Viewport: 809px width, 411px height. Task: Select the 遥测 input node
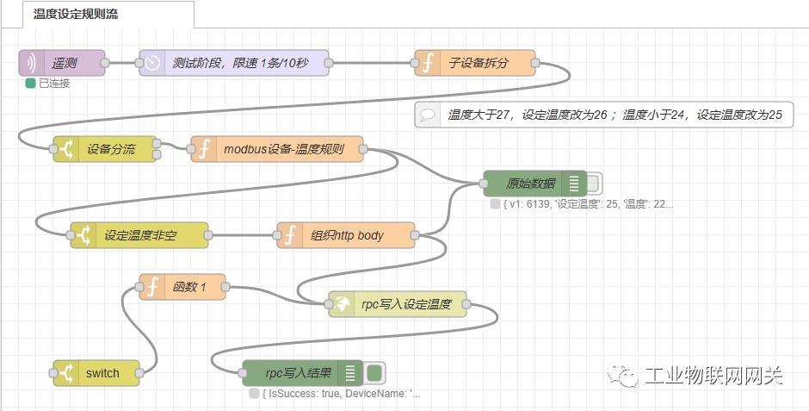[x=62, y=63]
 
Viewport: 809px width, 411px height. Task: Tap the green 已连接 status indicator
[x=31, y=84]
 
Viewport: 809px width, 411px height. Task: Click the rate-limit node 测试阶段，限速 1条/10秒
[x=233, y=63]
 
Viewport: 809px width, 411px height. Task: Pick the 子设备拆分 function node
[x=475, y=63]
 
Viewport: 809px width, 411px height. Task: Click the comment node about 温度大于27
[x=602, y=115]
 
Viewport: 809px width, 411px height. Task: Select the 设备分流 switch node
[x=106, y=149]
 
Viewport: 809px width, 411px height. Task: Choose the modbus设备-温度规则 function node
[x=277, y=149]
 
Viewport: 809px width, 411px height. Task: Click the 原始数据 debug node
[x=530, y=184]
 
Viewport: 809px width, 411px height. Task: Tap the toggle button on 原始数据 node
[x=595, y=184]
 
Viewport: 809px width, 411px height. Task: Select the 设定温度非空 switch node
[x=139, y=235]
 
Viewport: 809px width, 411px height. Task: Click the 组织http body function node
[x=346, y=235]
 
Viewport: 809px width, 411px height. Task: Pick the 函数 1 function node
[x=182, y=287]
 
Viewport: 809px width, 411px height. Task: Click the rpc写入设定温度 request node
[x=398, y=304]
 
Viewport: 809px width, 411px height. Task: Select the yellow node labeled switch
[x=96, y=373]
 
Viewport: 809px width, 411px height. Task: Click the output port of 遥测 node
[x=105, y=63]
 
